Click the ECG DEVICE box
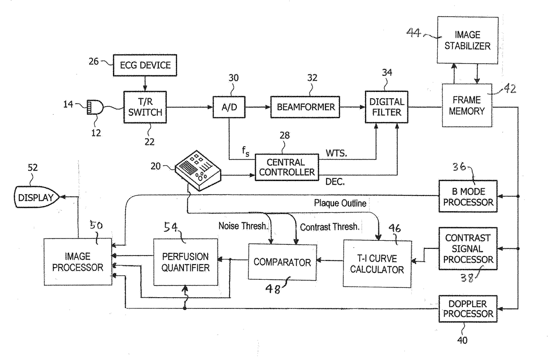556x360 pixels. click(145, 65)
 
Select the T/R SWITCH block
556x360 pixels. click(145, 107)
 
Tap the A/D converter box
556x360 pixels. click(229, 107)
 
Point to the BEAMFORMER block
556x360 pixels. click(305, 107)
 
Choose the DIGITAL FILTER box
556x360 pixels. click(387, 107)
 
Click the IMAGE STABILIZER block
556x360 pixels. click(468, 40)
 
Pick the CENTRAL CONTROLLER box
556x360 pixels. click(287, 167)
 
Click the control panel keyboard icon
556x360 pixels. click(198, 171)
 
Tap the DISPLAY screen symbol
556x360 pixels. click(36, 197)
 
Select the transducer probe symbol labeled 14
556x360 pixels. click(95, 107)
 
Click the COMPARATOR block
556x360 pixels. click(282, 262)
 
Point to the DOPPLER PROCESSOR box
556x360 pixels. click(468, 308)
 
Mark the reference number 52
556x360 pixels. click(33, 168)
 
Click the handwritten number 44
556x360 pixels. click(413, 32)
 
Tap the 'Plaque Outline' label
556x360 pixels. click(340, 203)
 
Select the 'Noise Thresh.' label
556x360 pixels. click(243, 226)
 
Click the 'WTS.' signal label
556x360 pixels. click(336, 153)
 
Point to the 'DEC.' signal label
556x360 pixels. click(335, 182)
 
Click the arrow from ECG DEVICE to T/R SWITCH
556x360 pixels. click(145, 83)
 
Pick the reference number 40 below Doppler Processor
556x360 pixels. click(462, 340)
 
